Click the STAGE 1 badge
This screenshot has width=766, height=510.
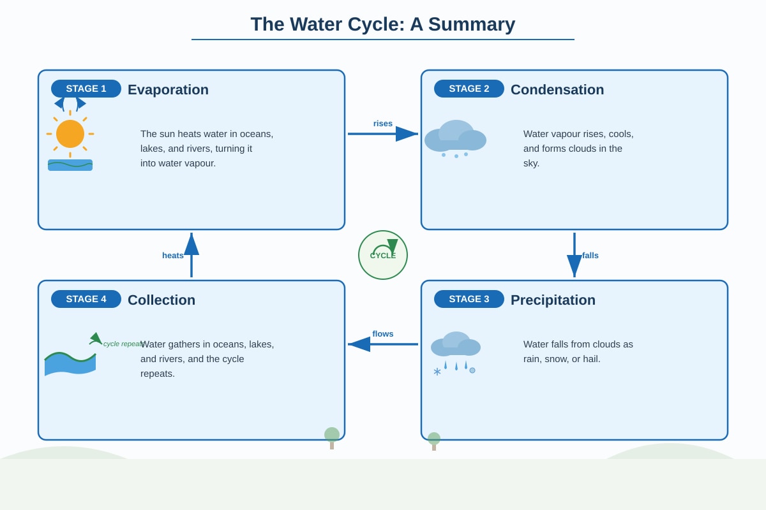86,89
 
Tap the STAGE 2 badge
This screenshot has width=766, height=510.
469,89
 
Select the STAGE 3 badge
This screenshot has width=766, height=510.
469,299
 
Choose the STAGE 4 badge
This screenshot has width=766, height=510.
86,299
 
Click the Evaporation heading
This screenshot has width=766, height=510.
168,89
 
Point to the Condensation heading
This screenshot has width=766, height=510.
557,89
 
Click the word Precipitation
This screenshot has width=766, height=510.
553,300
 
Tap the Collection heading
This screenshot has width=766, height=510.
161,300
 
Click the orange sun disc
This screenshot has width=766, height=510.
70,134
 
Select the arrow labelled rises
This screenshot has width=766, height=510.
383,134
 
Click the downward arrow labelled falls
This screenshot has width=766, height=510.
574,255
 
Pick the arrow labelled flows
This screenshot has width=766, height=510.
383,344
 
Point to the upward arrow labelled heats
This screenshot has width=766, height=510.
191,255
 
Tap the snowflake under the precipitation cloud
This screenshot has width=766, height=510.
437,371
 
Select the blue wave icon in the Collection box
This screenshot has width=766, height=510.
70,364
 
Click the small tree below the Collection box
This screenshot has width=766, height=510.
332,438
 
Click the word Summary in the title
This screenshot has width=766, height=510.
472,24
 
